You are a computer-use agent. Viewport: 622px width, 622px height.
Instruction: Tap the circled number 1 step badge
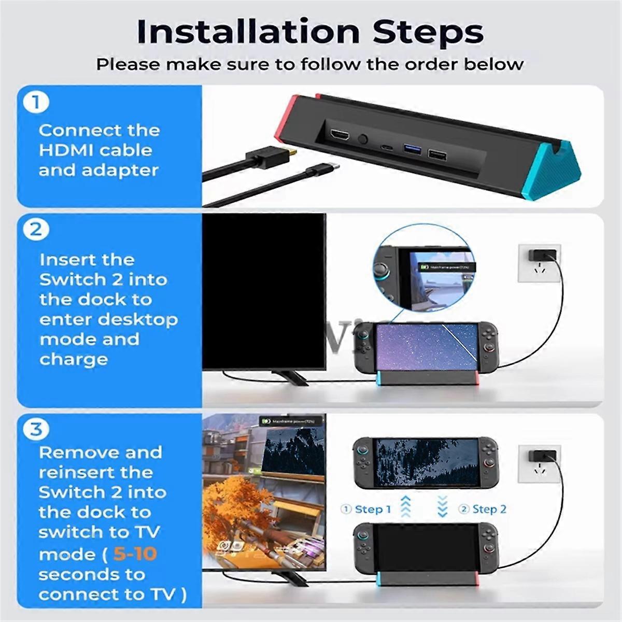pyautogui.click(x=36, y=102)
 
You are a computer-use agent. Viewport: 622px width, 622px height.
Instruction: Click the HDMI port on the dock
pyautogui.click(x=341, y=138)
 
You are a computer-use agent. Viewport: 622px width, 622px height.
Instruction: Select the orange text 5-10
pyautogui.click(x=135, y=554)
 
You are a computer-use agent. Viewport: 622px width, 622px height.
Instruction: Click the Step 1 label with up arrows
pyautogui.click(x=366, y=510)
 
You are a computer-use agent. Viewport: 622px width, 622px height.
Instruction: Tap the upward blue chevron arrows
pyautogui.click(x=406, y=506)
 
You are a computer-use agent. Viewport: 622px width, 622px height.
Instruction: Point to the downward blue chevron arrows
pyautogui.click(x=442, y=506)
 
